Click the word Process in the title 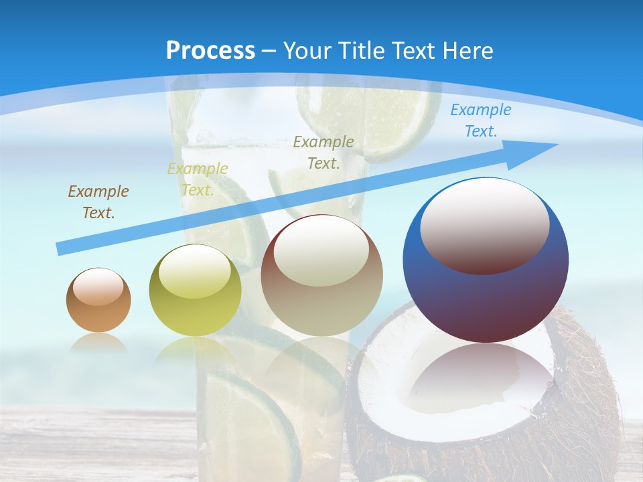pyautogui.click(x=210, y=51)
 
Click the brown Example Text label pyautogui.click(x=98, y=202)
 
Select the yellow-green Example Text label pyautogui.click(x=198, y=179)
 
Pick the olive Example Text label pyautogui.click(x=324, y=153)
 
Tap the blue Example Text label pyautogui.click(x=480, y=120)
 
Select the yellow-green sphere pyautogui.click(x=195, y=308)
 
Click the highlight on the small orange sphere pyautogui.click(x=98, y=287)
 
